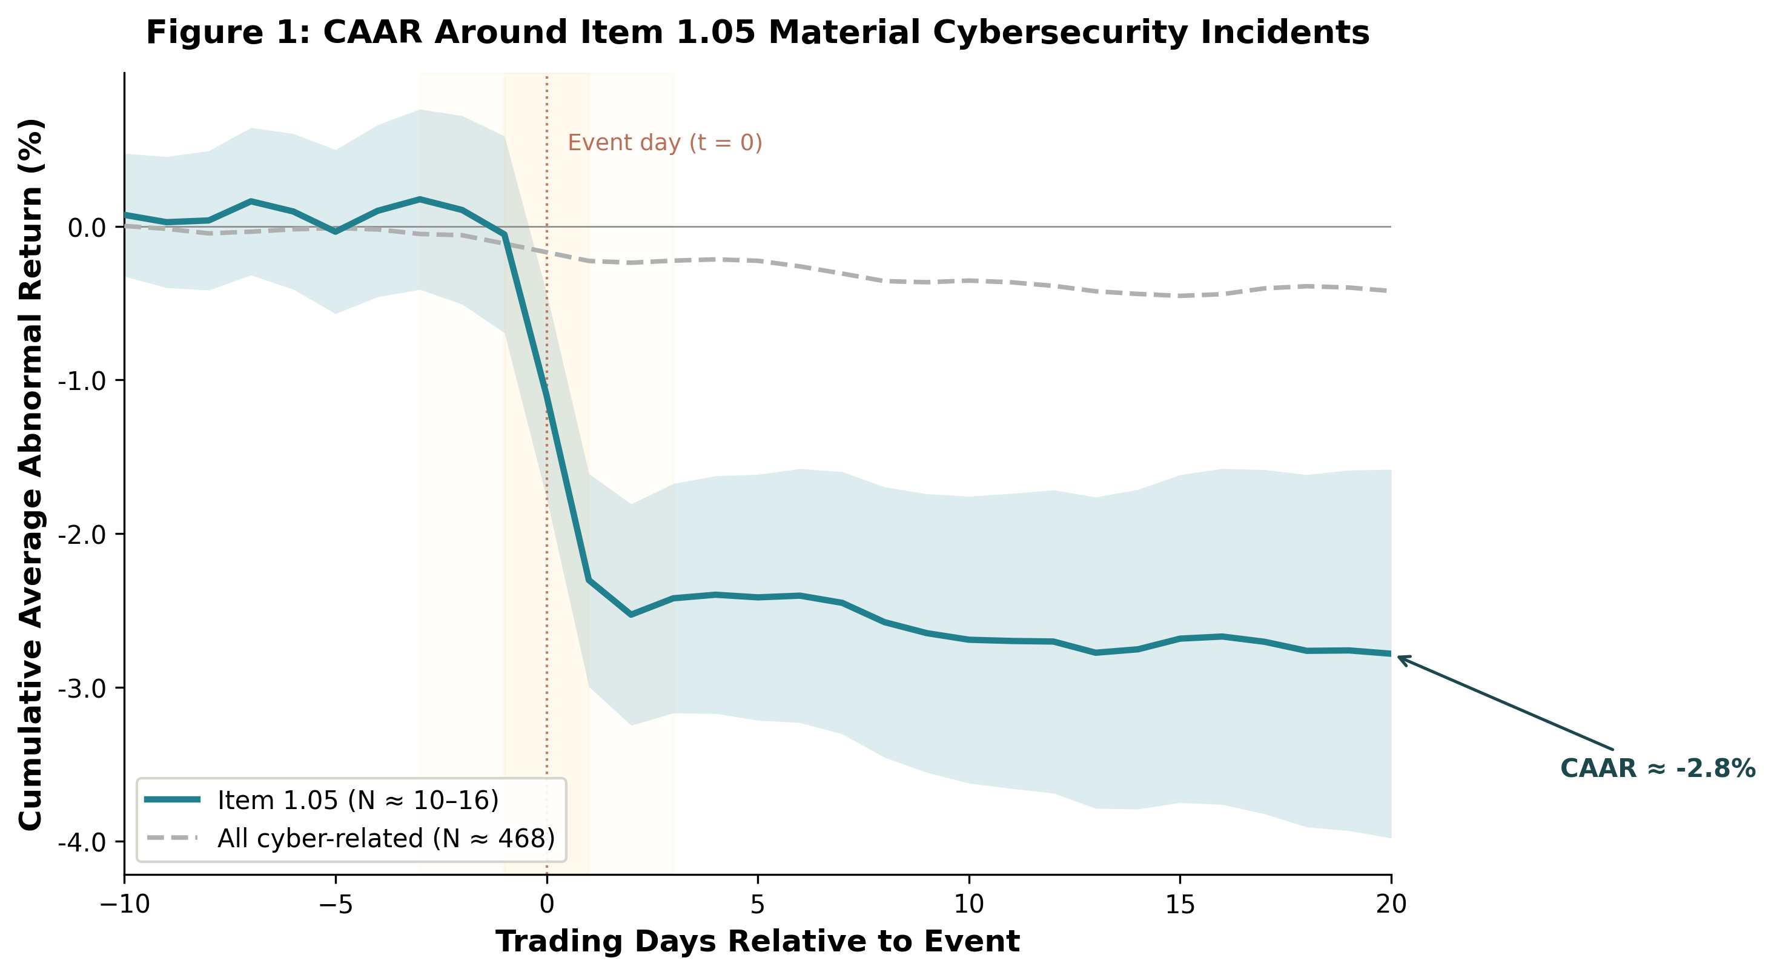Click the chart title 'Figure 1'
[x=758, y=33]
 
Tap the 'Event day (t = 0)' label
[x=664, y=142]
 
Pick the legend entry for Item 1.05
[x=357, y=800]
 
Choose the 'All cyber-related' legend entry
[x=386, y=838]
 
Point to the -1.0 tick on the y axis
[x=86, y=381]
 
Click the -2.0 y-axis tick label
[x=86, y=534]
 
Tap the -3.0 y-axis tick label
[x=86, y=688]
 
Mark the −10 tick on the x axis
[x=125, y=904]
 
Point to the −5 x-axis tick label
[x=336, y=904]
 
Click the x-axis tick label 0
[x=547, y=904]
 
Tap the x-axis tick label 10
[x=969, y=904]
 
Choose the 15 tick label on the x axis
[x=1180, y=904]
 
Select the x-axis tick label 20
[x=1391, y=904]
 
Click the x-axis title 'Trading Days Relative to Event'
[x=758, y=941]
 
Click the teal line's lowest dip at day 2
[x=631, y=614]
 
